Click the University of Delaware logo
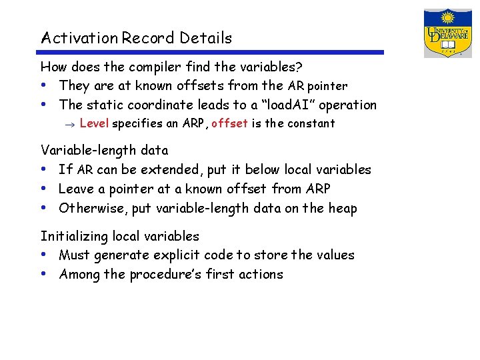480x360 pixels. click(x=448, y=33)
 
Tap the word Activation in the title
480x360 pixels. click(x=79, y=38)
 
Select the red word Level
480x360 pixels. click(x=94, y=123)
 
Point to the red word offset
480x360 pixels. click(x=229, y=123)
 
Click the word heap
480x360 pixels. click(x=342, y=209)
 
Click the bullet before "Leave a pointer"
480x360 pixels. click(x=44, y=189)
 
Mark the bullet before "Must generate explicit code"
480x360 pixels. click(x=44, y=255)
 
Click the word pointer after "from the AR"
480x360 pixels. click(x=327, y=86)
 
